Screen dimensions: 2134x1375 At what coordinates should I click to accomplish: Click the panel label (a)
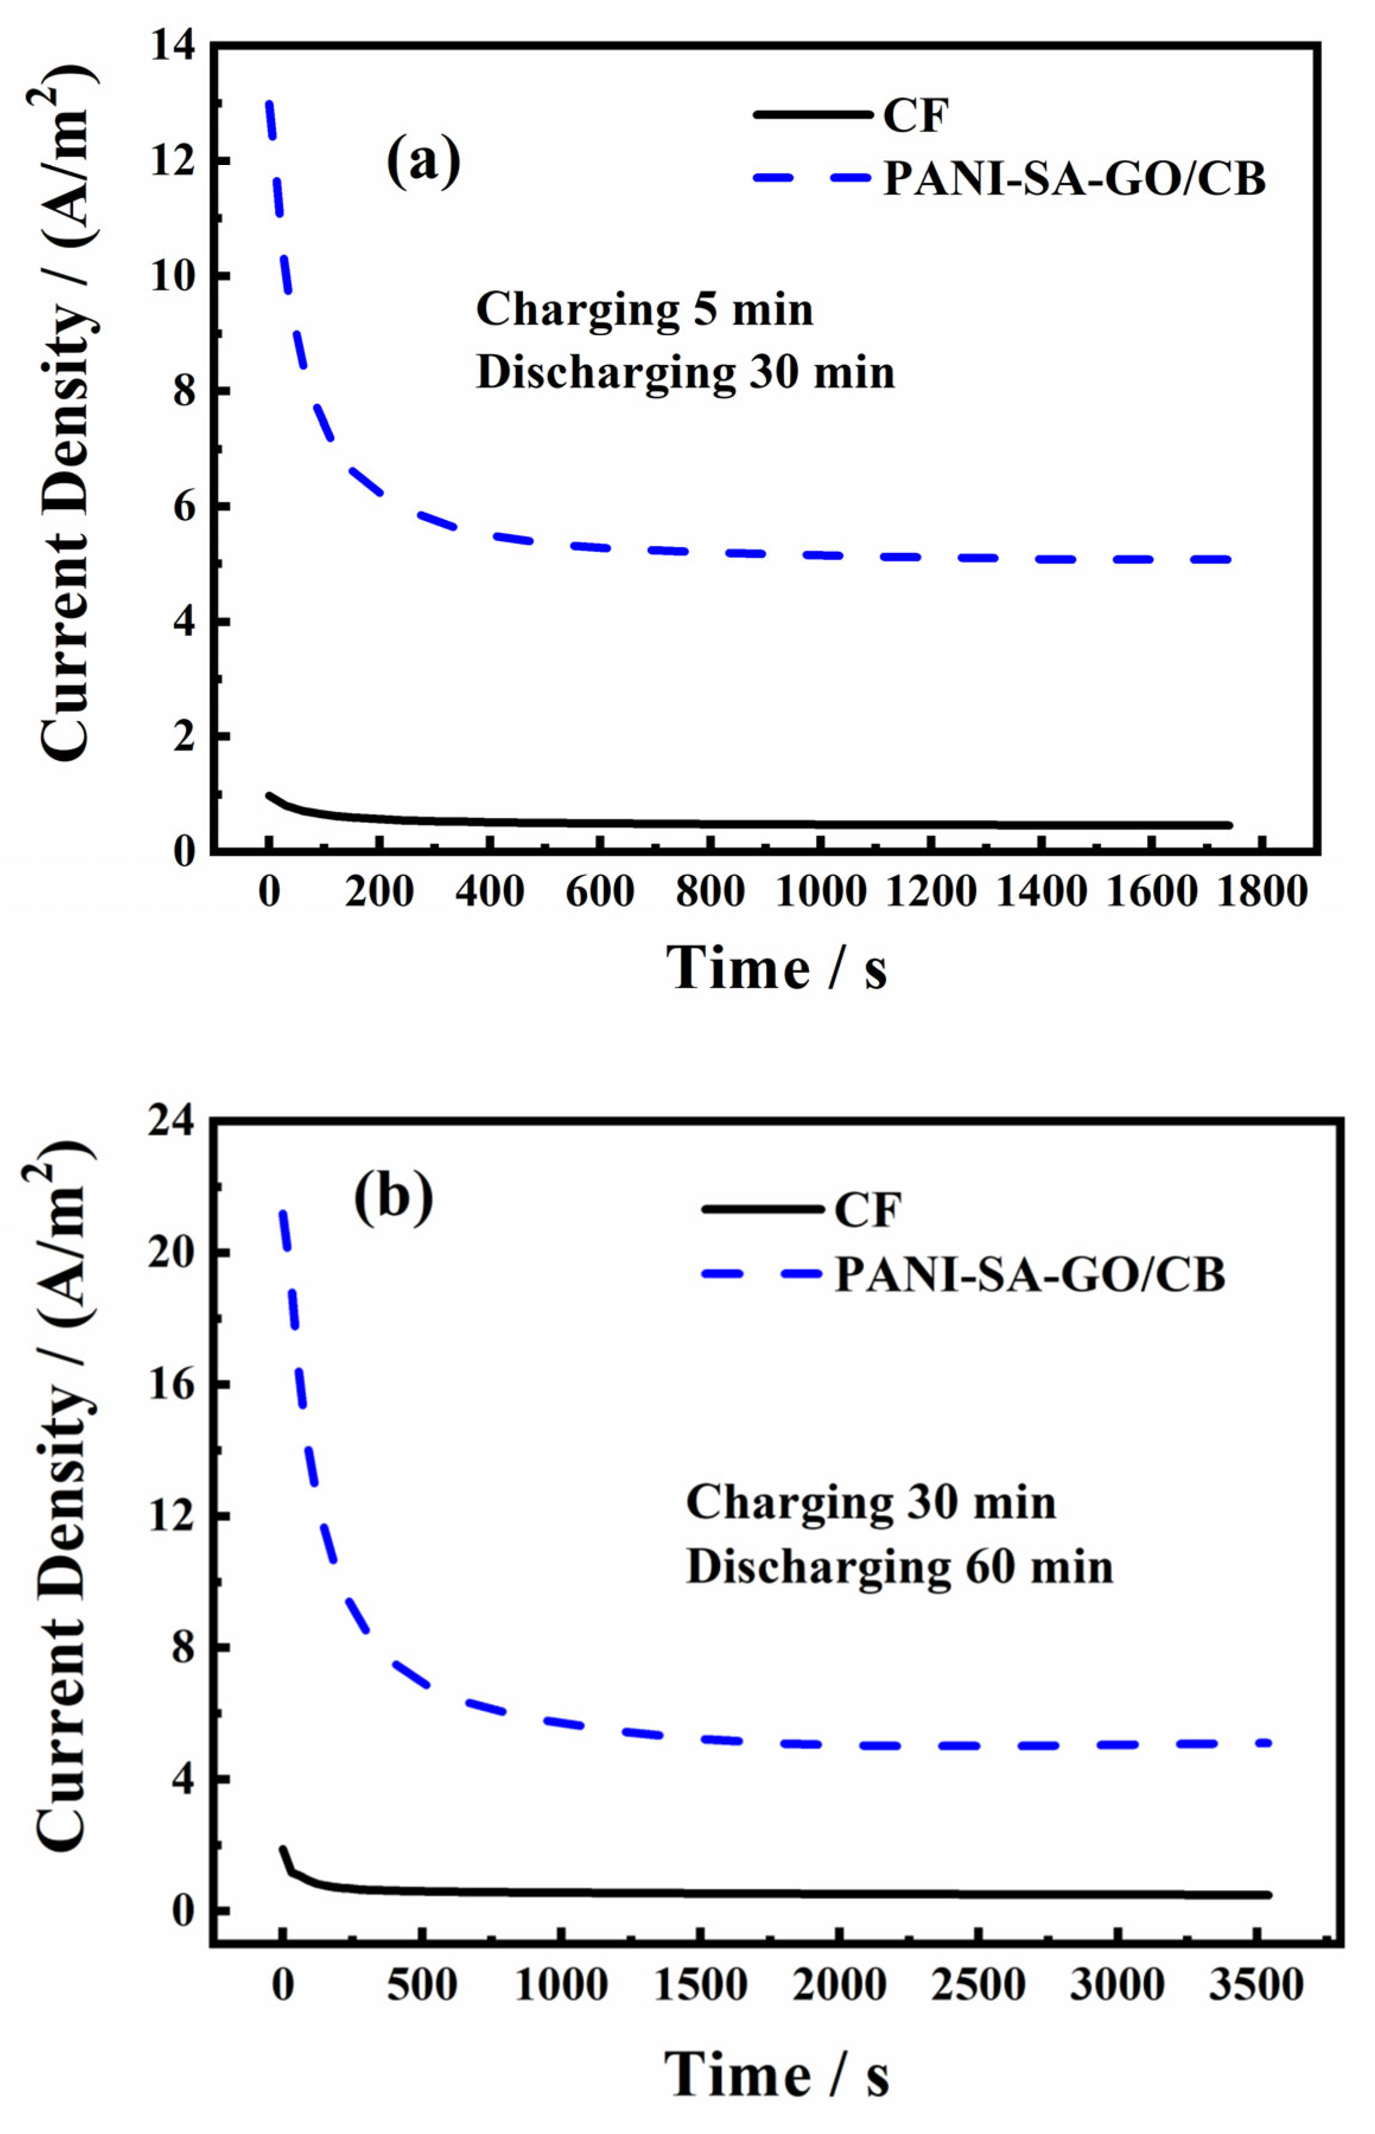click(423, 161)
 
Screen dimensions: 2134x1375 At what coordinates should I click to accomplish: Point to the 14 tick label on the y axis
click(172, 45)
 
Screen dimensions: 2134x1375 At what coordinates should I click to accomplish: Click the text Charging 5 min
click(644, 310)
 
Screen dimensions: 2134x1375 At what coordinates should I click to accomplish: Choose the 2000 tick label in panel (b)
click(839, 1985)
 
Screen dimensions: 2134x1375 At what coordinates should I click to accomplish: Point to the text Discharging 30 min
click(685, 371)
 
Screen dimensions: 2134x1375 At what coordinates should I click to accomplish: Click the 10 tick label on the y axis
click(172, 276)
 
